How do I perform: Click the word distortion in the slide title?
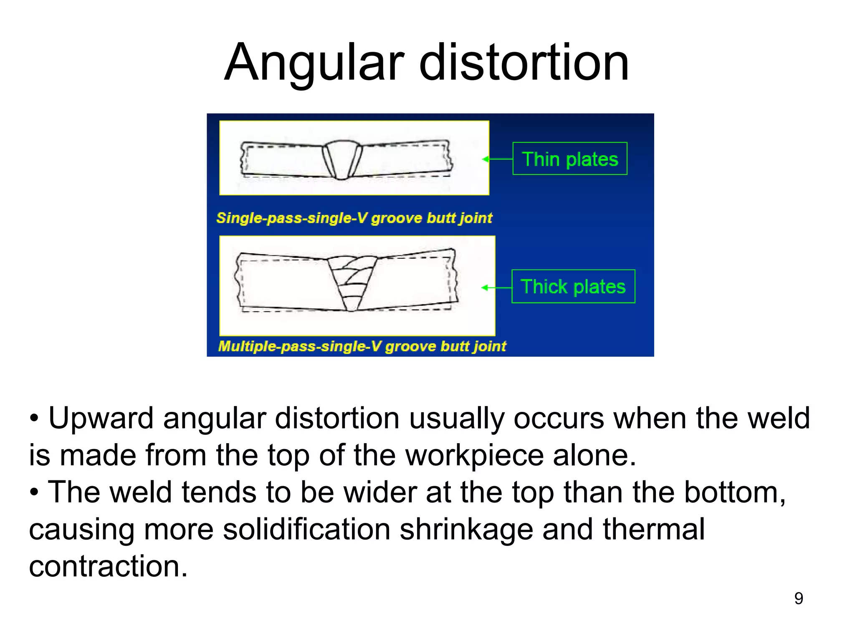pyautogui.click(x=524, y=63)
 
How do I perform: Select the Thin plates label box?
pyautogui.click(x=569, y=159)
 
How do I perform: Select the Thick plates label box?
pyautogui.click(x=573, y=287)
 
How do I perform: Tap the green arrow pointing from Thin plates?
pyautogui.click(x=497, y=159)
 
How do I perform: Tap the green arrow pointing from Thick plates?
pyautogui.click(x=496, y=288)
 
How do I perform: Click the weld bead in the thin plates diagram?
pyautogui.click(x=342, y=159)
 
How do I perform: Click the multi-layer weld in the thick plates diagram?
pyautogui.click(x=352, y=282)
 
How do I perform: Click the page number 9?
pyautogui.click(x=798, y=598)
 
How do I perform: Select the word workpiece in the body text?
pyautogui.click(x=475, y=455)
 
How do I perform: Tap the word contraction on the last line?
pyautogui.click(x=108, y=566)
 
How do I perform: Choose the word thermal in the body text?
pyautogui.click(x=654, y=529)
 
